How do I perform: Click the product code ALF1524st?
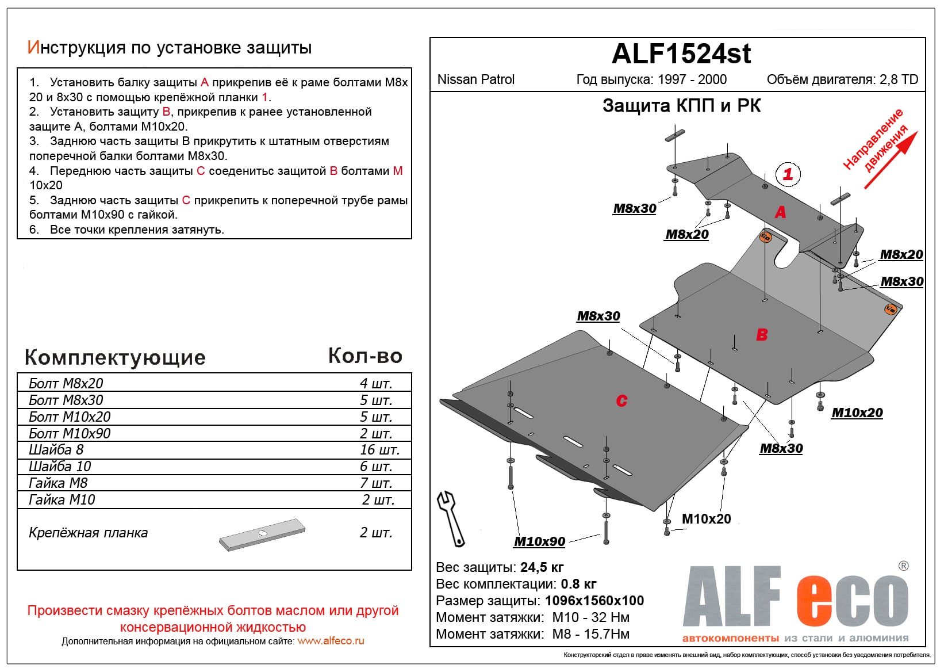[x=681, y=54]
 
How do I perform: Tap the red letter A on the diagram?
[x=780, y=212]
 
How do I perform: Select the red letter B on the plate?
[x=762, y=334]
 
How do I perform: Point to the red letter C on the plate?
[x=621, y=400]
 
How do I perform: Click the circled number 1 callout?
[x=788, y=174]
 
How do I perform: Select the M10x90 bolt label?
[x=539, y=541]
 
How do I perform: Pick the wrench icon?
[x=451, y=518]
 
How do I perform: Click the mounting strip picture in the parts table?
[x=262, y=535]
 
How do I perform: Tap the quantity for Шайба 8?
[x=379, y=450]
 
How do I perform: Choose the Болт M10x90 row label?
[x=70, y=433]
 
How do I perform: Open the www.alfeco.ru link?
[x=331, y=641]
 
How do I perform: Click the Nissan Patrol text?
[x=476, y=79]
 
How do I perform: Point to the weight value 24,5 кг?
[x=542, y=567]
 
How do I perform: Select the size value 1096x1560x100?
[x=594, y=601]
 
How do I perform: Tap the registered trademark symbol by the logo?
[x=903, y=566]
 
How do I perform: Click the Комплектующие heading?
[x=115, y=357]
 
